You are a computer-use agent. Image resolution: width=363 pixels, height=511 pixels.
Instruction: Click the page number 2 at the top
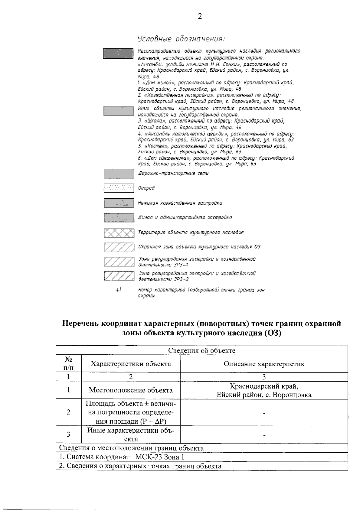(200, 16)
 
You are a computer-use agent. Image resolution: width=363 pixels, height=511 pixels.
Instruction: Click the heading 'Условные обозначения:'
(181, 39)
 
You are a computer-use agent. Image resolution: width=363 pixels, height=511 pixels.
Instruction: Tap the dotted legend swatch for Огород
(119, 188)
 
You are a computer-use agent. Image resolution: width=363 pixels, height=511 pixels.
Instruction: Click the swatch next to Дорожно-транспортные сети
(119, 174)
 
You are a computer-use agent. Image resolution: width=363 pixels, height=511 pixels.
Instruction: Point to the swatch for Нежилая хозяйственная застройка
(119, 203)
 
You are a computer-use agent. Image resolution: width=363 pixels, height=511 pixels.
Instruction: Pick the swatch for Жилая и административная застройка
(119, 218)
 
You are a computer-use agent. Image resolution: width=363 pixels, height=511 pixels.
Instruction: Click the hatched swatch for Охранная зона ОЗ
(119, 247)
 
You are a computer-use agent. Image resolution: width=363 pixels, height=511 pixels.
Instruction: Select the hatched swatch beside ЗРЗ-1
(119, 262)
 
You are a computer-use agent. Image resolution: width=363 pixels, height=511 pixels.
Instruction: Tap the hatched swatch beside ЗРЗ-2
(119, 276)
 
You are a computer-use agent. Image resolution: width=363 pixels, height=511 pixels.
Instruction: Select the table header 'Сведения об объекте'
(202, 350)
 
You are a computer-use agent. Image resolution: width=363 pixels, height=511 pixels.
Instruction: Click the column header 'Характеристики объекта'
(131, 364)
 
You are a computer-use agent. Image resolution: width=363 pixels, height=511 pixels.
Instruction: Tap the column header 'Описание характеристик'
(264, 364)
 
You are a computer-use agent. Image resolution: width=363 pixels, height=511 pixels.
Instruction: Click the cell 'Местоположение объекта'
(131, 390)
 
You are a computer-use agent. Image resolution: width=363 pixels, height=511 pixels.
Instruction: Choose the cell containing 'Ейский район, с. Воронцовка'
(264, 395)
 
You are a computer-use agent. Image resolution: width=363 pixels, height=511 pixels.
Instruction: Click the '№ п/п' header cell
(69, 363)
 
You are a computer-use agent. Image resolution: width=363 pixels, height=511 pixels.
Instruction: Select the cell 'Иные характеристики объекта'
(131, 435)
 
